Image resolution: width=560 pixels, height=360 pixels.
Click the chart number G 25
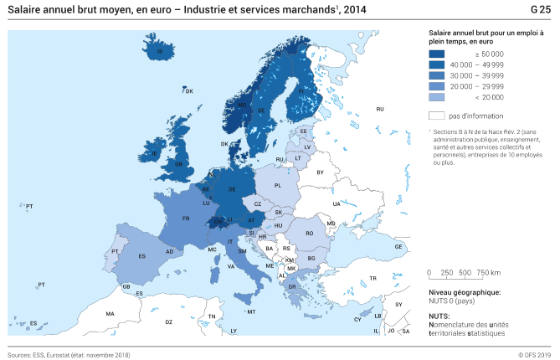540,10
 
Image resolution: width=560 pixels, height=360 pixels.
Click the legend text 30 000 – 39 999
477,75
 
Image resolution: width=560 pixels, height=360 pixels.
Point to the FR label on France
186,219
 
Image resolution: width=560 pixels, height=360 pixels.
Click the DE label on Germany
232,190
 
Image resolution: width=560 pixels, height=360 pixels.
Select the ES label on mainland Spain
141,256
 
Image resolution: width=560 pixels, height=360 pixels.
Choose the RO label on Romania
309,234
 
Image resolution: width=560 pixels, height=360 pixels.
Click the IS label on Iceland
160,52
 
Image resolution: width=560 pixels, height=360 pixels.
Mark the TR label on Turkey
373,278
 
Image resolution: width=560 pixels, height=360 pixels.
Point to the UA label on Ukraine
337,203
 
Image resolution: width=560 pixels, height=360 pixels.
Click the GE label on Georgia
398,247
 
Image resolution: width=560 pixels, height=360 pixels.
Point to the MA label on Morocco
110,314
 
